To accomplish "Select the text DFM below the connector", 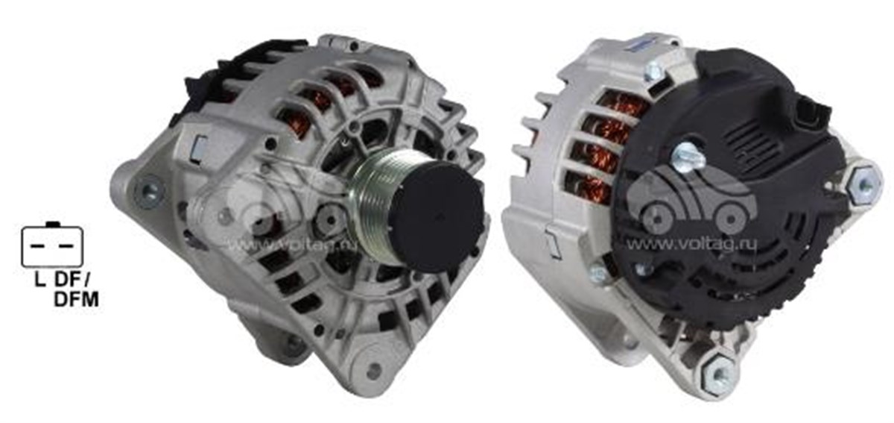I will point(77,301).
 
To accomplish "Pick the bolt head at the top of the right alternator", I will point(654,70).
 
